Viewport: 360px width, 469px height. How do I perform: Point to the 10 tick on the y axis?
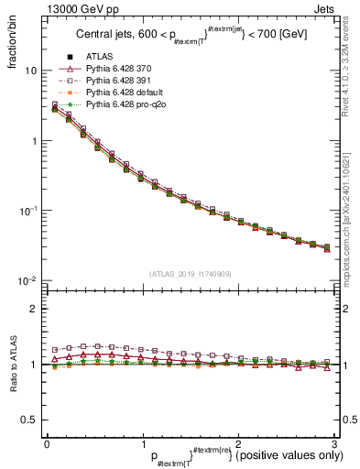(x=30, y=71)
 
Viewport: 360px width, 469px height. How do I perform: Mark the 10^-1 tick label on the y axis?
(x=27, y=211)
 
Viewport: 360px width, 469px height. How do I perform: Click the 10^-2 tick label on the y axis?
(x=27, y=280)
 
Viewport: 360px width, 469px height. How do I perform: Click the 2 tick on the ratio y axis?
(x=34, y=309)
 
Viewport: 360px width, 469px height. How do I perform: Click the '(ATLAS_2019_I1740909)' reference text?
(x=189, y=274)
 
